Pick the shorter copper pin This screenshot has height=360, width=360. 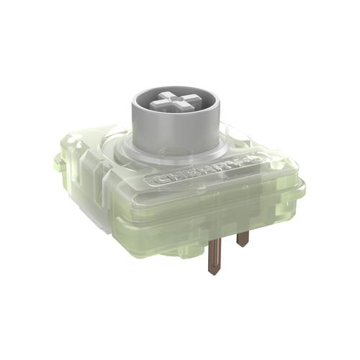coord(243,238)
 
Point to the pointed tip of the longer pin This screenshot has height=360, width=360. coord(214,272)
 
